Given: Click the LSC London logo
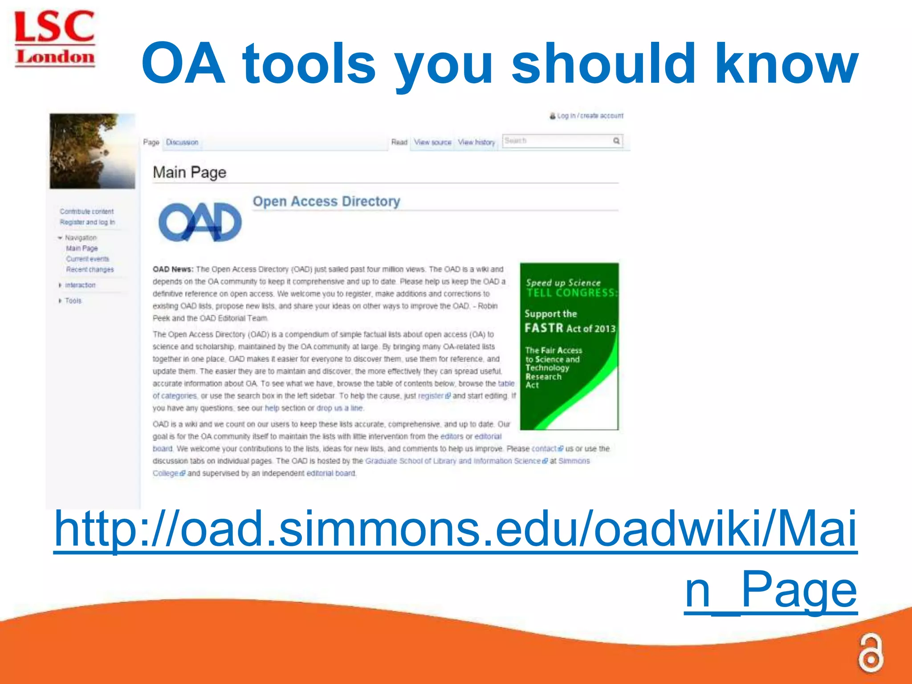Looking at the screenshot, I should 55,39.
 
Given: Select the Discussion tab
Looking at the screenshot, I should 182,142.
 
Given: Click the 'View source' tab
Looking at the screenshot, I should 432,142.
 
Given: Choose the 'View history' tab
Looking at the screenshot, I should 476,142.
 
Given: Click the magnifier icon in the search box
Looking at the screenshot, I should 616,141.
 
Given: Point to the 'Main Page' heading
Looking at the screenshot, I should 189,172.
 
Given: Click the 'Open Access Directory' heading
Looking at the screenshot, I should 326,201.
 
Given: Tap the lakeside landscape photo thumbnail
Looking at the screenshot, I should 92,151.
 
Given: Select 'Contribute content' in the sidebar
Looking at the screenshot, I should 87,212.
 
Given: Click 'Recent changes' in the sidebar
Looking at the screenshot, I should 90,269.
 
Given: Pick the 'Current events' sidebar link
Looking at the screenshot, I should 88,259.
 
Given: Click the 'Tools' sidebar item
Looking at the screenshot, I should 73,301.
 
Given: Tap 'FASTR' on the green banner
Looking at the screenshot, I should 544,328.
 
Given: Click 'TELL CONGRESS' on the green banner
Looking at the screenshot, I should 571,293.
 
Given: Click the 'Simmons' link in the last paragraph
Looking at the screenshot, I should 574,461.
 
